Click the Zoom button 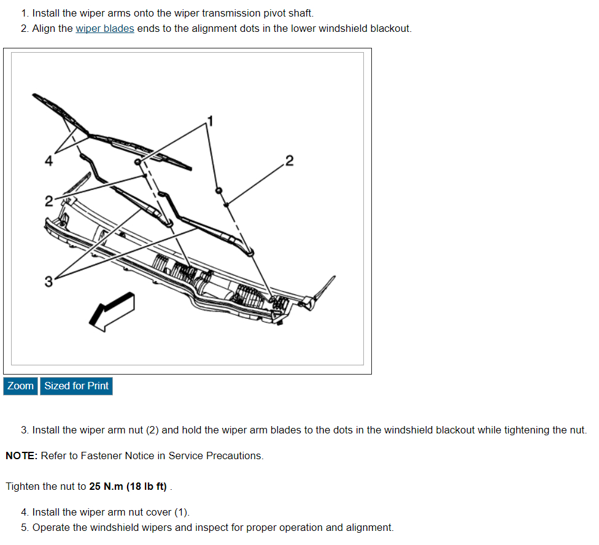(x=21, y=386)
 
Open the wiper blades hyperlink (x=104, y=29)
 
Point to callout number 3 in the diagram (x=48, y=282)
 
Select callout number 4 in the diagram (x=48, y=161)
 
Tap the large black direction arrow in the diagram (x=111, y=311)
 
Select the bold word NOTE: (x=21, y=456)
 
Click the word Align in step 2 (x=44, y=29)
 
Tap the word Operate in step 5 (x=51, y=528)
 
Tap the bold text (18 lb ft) (x=146, y=487)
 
